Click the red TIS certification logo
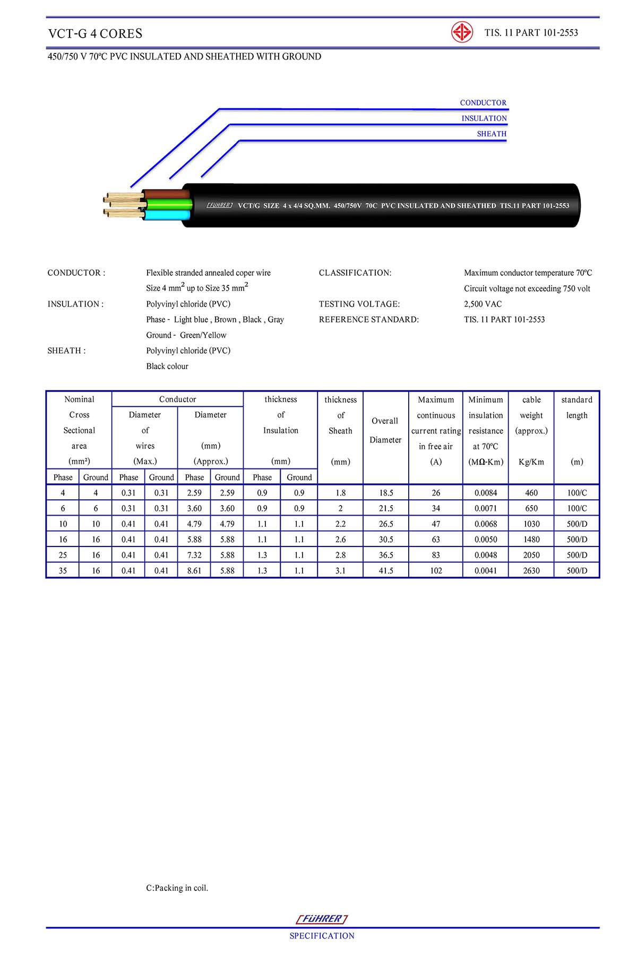tap(462, 32)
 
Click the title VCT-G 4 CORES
tap(96, 33)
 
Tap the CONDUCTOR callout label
tap(483, 102)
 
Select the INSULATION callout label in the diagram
tap(484, 118)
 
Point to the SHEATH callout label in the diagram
tap(492, 134)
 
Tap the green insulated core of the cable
tap(169, 204)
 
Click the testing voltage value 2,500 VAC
tap(483, 304)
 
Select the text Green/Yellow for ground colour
tap(203, 335)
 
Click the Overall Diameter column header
tap(385, 430)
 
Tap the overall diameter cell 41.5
tap(386, 571)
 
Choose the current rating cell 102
tap(436, 571)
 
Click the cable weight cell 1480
tap(531, 540)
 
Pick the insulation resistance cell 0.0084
tap(486, 493)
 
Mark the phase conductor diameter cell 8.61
tap(194, 571)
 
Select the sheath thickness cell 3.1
tap(340, 571)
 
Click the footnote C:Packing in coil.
tap(177, 888)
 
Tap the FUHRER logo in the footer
tap(322, 919)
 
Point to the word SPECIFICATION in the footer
tap(322, 936)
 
